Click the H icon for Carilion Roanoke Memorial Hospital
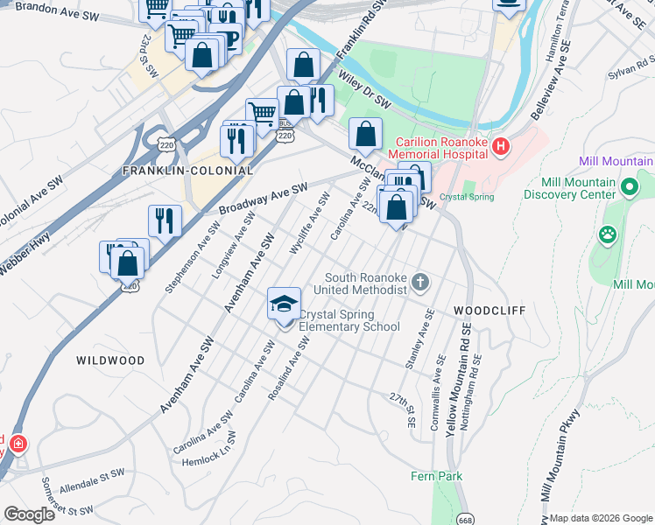500,146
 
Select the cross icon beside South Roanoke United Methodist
421,282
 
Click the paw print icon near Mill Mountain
606,234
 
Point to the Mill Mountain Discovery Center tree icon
628,186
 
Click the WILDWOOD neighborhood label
110,360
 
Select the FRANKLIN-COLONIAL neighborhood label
187,171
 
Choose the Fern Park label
436,476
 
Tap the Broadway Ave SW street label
264,199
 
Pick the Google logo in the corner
30,514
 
